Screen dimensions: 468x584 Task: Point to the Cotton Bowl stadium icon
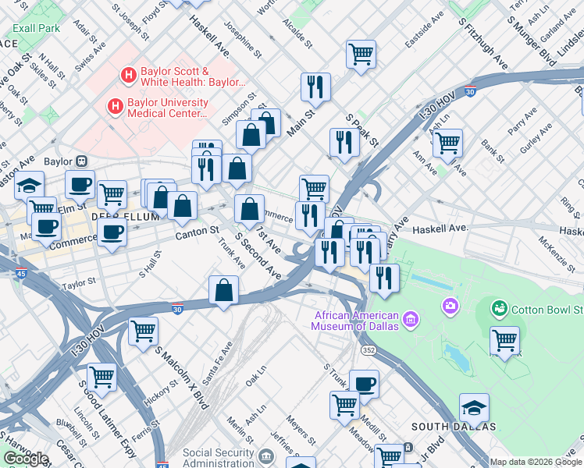(499, 309)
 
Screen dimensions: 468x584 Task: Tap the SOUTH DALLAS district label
(454, 427)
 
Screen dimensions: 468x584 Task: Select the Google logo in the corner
(25, 459)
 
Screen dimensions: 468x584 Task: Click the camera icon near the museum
(449, 305)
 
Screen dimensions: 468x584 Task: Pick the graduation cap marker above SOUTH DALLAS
(474, 406)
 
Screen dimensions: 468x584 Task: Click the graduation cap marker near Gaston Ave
(30, 185)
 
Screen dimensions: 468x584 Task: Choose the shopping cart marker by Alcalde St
(361, 54)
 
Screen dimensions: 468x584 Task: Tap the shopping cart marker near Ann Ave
(447, 142)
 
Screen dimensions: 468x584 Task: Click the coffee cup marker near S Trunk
(364, 383)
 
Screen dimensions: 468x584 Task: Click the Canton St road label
(197, 232)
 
